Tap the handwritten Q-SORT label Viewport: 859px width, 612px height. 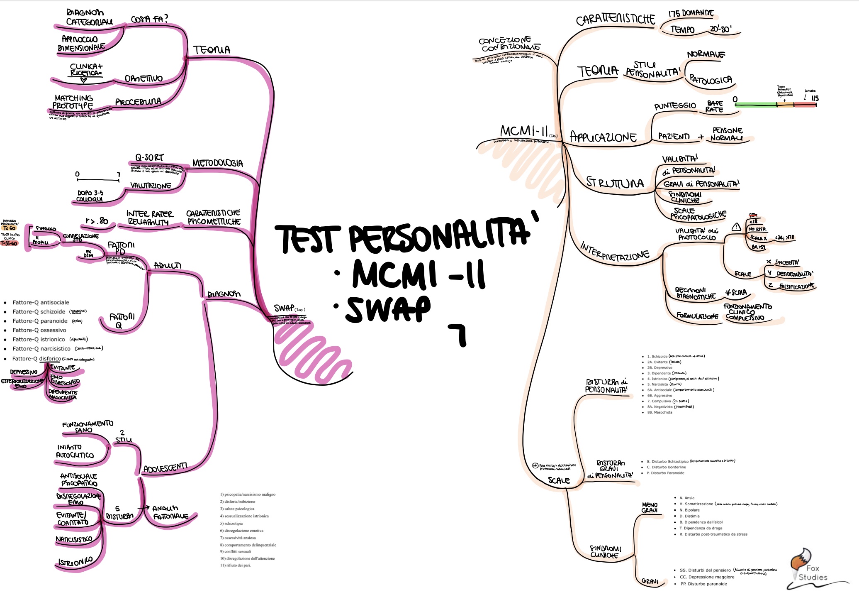[149, 158]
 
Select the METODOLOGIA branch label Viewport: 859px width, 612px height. [218, 163]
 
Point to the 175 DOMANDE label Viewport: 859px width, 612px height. [691, 13]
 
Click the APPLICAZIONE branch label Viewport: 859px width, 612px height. [603, 137]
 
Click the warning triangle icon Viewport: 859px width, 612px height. [736, 227]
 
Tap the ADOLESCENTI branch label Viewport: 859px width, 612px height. [165, 468]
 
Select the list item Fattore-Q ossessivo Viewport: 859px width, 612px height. [39, 330]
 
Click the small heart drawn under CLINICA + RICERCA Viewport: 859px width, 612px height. [84, 80]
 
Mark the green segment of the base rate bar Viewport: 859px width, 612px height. [755, 105]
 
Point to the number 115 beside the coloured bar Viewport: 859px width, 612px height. [815, 98]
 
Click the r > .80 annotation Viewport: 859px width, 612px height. [97, 221]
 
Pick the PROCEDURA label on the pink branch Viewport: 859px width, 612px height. [138, 102]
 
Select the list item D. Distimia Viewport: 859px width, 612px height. [689, 516]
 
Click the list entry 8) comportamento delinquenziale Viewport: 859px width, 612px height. [248, 545]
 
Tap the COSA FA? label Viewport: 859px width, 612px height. [149, 19]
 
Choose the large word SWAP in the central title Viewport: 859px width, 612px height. [388, 309]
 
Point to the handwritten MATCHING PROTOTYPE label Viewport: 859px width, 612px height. [73, 102]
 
